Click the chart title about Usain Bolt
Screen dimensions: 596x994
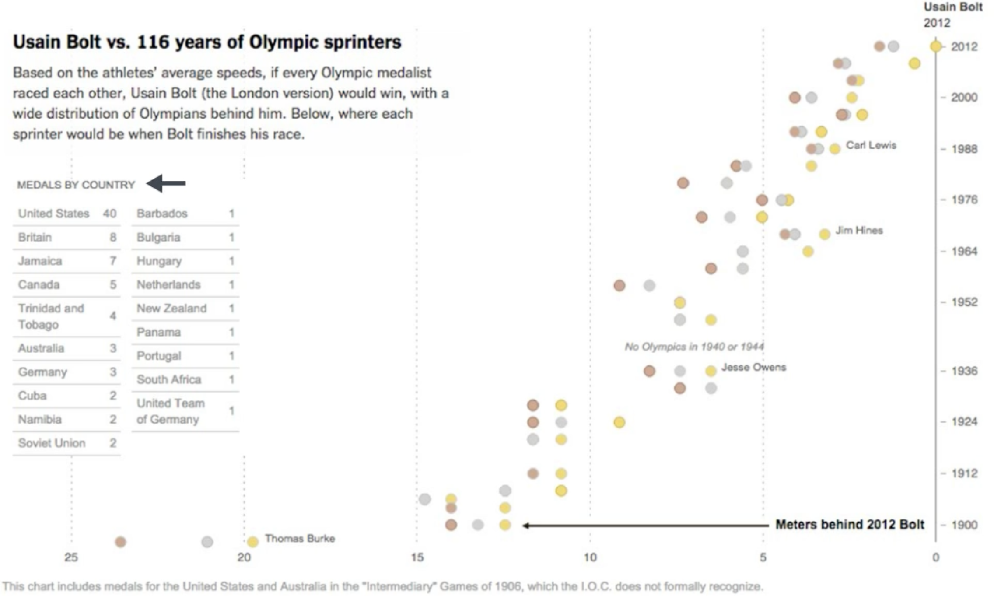pos(207,42)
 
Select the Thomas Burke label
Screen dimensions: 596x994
pos(300,538)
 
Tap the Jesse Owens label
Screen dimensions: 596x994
pos(753,367)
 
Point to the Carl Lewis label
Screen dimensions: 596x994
pos(871,145)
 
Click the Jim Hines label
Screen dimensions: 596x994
pos(859,230)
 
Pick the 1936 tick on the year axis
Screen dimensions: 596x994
pos(964,371)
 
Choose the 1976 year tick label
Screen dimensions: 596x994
pos(964,200)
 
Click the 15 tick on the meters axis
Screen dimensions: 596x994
pos(417,557)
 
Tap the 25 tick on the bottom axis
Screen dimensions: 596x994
pos(71,557)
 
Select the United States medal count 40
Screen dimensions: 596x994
pos(109,214)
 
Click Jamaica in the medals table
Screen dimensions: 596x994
pos(40,261)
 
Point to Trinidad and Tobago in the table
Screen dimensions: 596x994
pos(50,316)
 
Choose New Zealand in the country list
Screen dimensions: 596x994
pos(171,309)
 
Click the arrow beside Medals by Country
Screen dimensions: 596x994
pos(166,183)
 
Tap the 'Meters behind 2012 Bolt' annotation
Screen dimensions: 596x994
pos(850,524)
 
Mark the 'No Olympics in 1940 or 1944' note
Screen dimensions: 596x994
pos(694,347)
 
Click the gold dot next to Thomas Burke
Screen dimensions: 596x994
pos(252,542)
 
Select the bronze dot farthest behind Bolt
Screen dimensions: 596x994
pos(121,542)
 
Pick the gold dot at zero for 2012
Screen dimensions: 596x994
pos(936,46)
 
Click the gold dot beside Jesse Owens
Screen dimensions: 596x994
pos(711,371)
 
